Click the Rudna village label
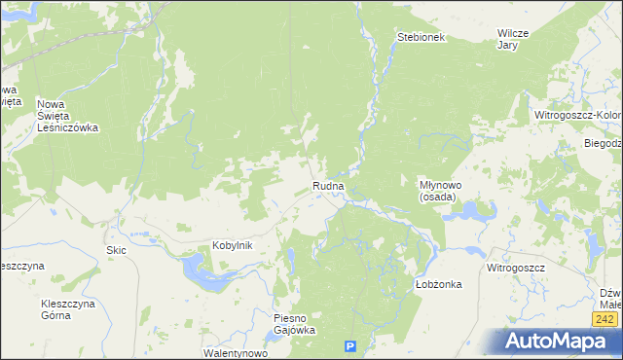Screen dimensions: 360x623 (329, 185)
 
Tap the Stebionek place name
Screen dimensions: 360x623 (421, 37)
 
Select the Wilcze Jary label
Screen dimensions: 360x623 (512, 38)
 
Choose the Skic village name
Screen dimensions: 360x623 (117, 250)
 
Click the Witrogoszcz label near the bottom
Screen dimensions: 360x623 (516, 267)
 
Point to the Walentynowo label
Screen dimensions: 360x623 (235, 353)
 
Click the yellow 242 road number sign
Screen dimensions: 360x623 (604, 319)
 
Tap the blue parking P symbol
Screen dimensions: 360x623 (351, 346)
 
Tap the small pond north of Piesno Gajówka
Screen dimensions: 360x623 (290, 259)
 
